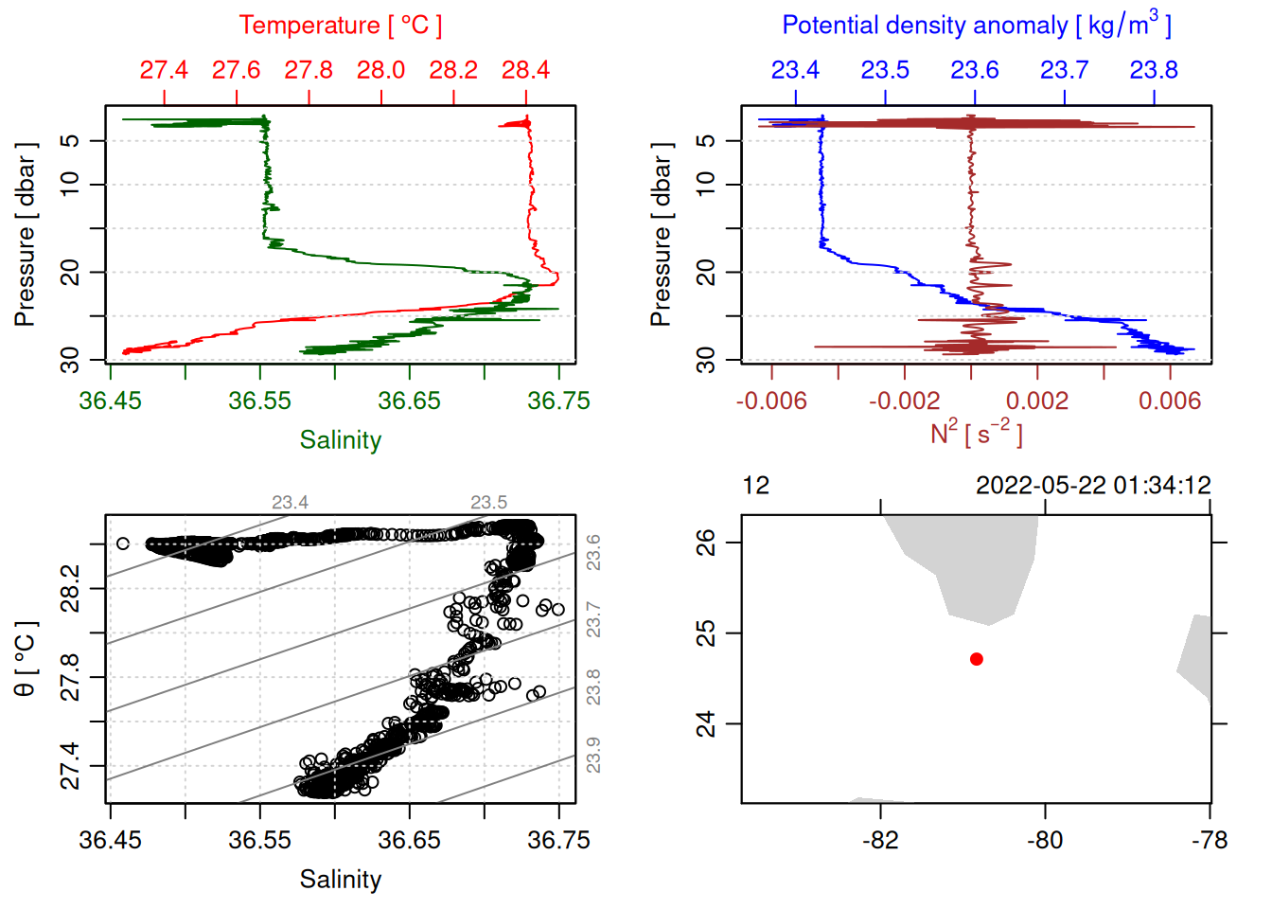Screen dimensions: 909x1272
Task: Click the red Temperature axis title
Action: coord(340,26)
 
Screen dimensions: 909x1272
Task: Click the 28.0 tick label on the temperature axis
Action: coord(380,70)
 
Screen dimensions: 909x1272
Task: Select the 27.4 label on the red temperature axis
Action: coord(164,70)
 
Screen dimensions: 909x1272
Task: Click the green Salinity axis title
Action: coord(340,440)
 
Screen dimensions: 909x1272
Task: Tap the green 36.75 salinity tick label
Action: coord(558,401)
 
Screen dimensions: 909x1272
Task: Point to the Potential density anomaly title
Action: coord(976,25)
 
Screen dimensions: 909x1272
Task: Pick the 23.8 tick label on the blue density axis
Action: coord(1154,70)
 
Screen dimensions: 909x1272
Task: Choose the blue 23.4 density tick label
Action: coord(795,70)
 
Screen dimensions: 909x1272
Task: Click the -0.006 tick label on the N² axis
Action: coord(771,401)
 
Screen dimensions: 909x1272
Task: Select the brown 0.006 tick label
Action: coord(1170,401)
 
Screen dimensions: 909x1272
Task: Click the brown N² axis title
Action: coord(976,433)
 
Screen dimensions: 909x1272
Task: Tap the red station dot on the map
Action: coord(977,659)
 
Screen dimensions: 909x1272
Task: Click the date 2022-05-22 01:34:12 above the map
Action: coord(1093,486)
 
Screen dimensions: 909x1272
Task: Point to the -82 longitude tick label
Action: coord(880,840)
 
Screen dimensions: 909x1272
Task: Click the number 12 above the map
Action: coord(756,486)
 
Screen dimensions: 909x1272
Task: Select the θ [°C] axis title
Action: coord(26,659)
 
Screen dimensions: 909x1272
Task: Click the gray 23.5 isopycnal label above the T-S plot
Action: coord(488,503)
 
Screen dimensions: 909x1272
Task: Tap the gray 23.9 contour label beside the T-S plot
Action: coord(593,755)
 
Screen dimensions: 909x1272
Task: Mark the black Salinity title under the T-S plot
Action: coord(340,880)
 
